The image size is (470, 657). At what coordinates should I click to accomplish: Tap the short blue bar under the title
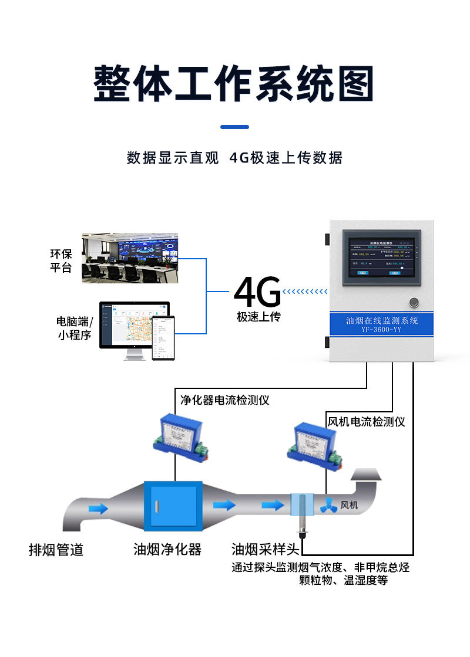pyautogui.click(x=234, y=127)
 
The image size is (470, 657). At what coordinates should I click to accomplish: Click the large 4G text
pyautogui.click(x=257, y=292)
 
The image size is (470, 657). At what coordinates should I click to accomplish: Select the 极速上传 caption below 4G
pyautogui.click(x=258, y=317)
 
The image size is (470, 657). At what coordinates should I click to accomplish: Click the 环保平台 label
pyautogui.click(x=61, y=260)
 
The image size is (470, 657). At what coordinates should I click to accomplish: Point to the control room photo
pyautogui.click(x=129, y=258)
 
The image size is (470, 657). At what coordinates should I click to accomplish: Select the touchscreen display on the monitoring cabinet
pyautogui.click(x=383, y=258)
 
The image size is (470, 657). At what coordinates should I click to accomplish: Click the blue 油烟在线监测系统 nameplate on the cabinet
pyautogui.click(x=382, y=324)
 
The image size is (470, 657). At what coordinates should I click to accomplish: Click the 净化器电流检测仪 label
pyautogui.click(x=224, y=400)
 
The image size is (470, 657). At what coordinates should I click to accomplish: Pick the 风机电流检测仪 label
pyautogui.click(x=365, y=421)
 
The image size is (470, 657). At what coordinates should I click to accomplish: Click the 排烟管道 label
pyautogui.click(x=56, y=550)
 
